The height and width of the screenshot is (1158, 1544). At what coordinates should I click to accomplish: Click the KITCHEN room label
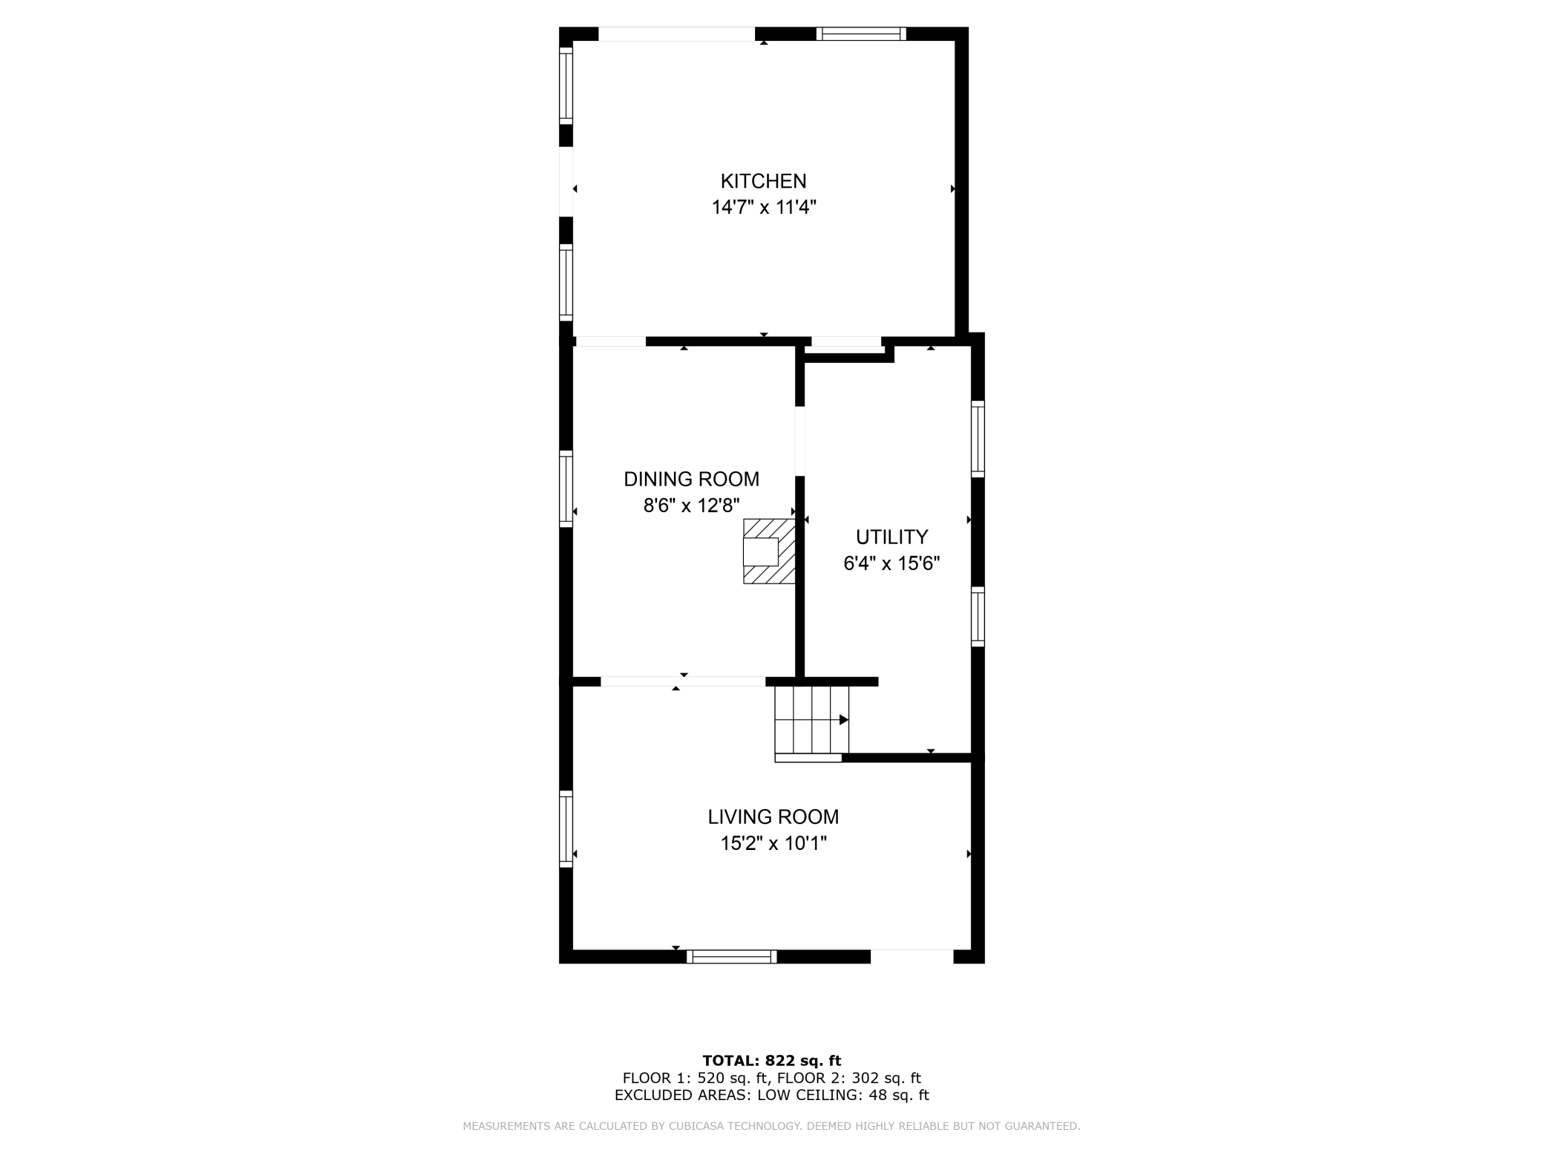click(763, 181)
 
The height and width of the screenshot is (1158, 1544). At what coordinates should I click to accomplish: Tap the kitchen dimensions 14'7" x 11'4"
click(764, 207)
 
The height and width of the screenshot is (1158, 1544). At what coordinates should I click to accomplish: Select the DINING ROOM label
click(691, 480)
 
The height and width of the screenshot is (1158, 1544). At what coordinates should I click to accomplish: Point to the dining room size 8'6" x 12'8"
click(691, 506)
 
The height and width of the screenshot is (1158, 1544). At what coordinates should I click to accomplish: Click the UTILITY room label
click(892, 537)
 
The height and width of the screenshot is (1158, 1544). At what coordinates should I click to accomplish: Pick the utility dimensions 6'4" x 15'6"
click(892, 564)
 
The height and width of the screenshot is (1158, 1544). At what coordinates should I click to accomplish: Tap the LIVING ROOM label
click(773, 817)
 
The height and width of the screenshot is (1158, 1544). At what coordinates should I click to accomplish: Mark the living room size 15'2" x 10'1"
click(773, 844)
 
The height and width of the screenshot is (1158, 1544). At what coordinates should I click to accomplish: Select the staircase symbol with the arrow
click(811, 720)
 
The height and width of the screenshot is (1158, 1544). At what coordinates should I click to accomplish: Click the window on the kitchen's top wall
click(861, 33)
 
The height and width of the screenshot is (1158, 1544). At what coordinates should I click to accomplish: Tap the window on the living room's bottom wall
click(731, 957)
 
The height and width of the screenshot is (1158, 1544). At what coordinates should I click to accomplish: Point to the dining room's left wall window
click(566, 488)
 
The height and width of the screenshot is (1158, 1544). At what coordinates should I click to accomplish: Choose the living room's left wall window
click(566, 828)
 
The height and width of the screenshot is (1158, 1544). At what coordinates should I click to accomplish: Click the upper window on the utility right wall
click(978, 439)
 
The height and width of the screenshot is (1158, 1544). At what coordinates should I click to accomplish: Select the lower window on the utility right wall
click(978, 616)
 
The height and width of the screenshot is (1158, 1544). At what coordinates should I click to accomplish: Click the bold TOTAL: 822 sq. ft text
click(771, 1061)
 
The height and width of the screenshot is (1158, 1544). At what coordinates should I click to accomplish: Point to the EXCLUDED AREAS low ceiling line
click(771, 1095)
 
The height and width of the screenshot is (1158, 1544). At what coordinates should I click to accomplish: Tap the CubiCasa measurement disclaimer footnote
click(771, 1126)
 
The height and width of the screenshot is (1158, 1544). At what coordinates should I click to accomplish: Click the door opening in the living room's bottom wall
click(912, 956)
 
